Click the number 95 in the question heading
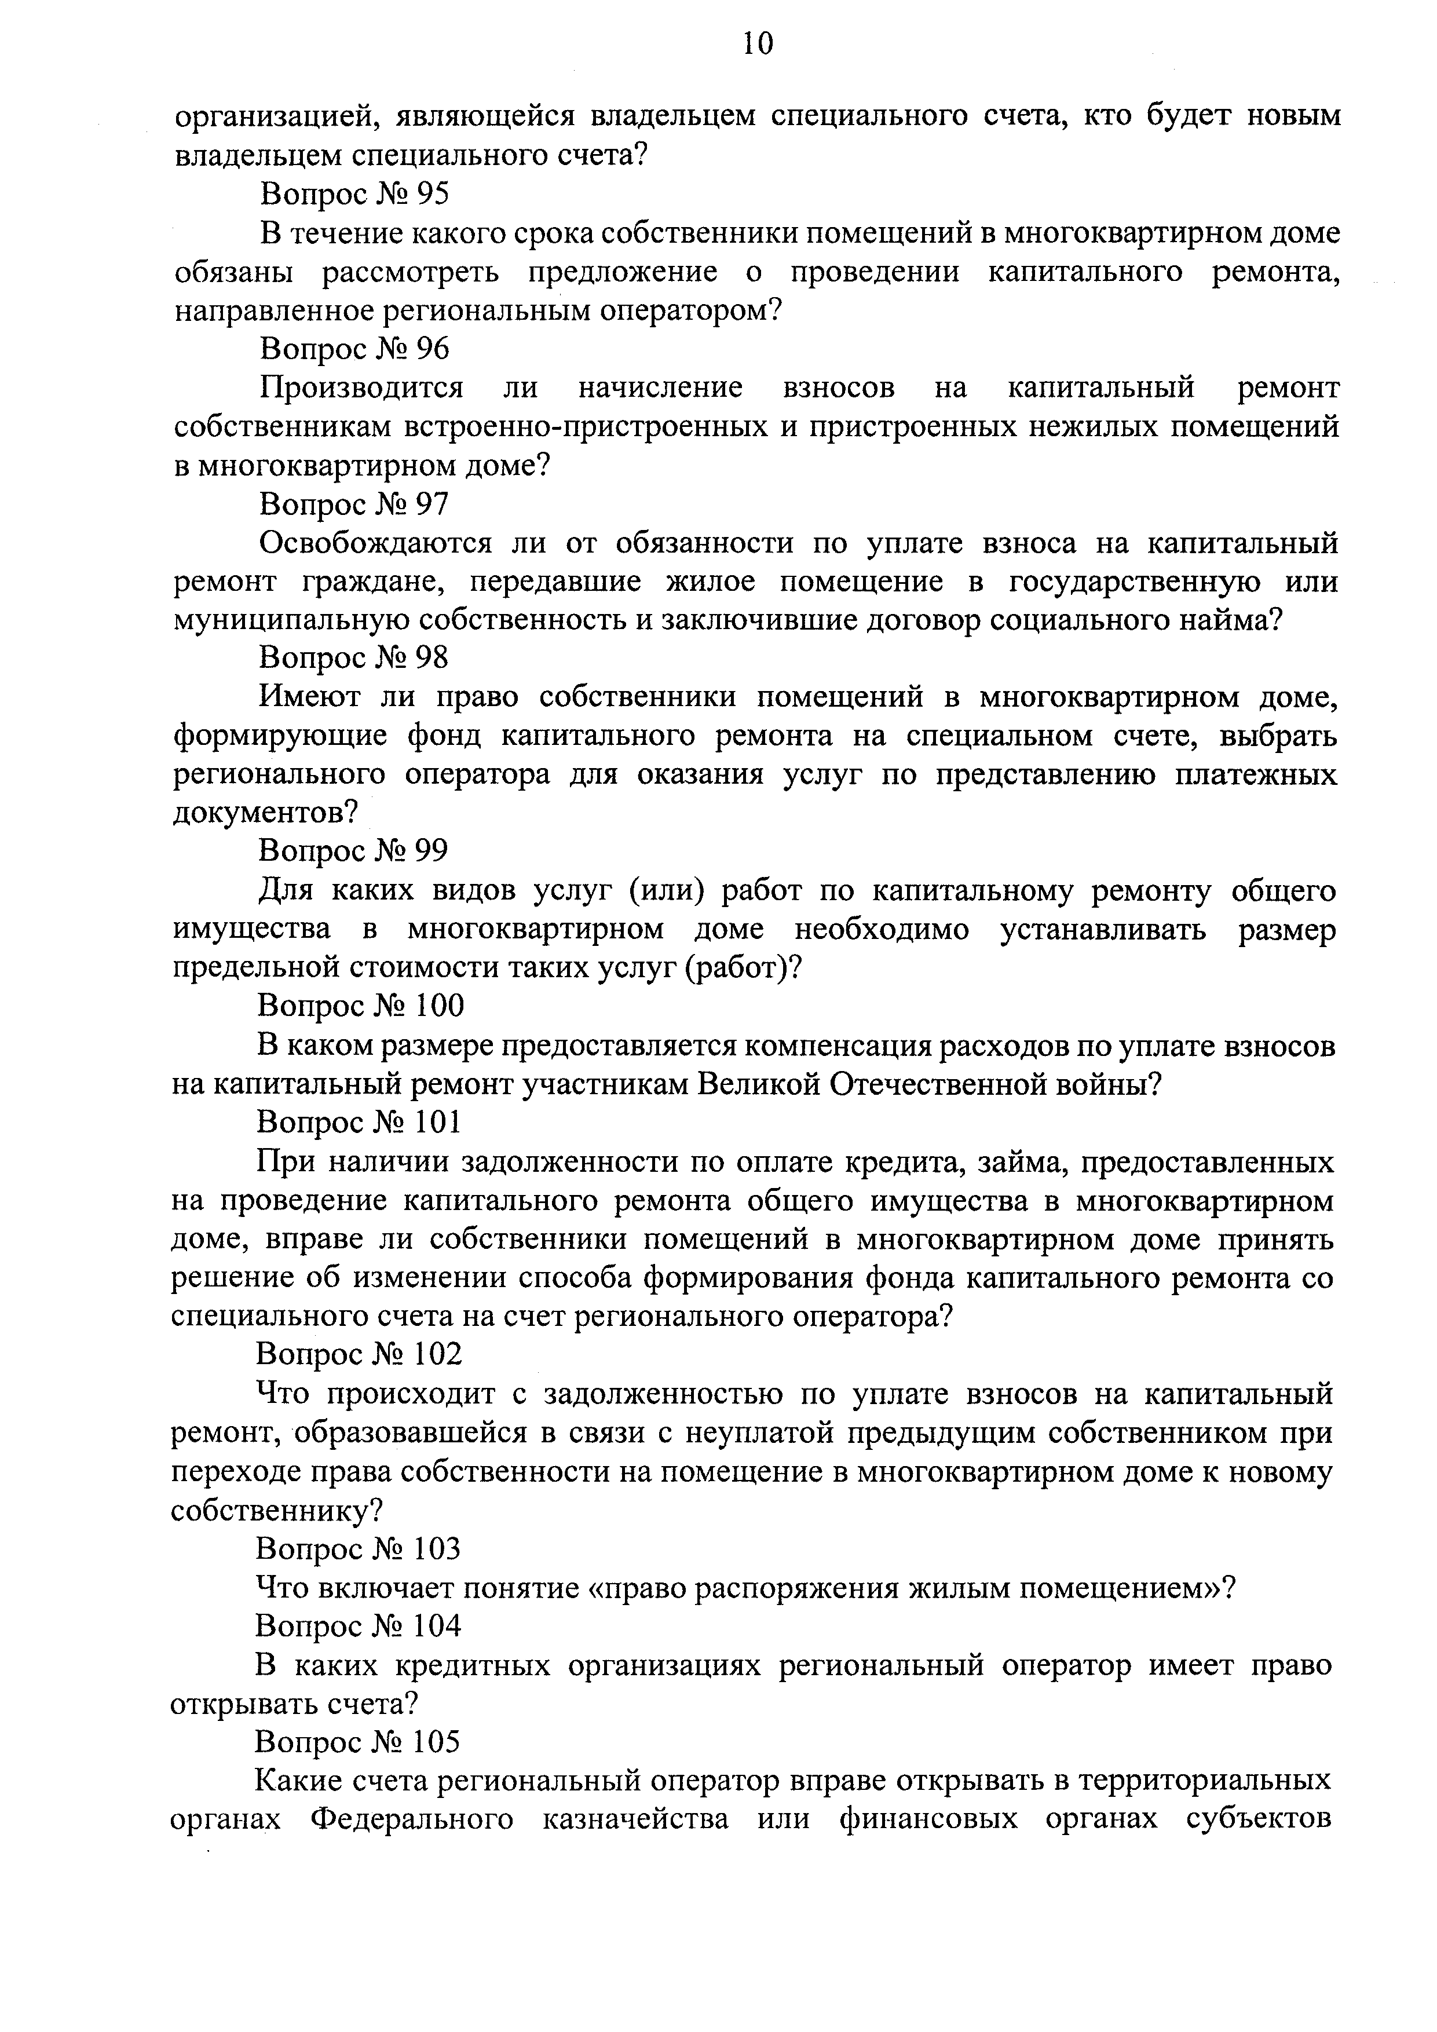[432, 193]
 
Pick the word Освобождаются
[375, 543]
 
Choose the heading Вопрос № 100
[360, 1006]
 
